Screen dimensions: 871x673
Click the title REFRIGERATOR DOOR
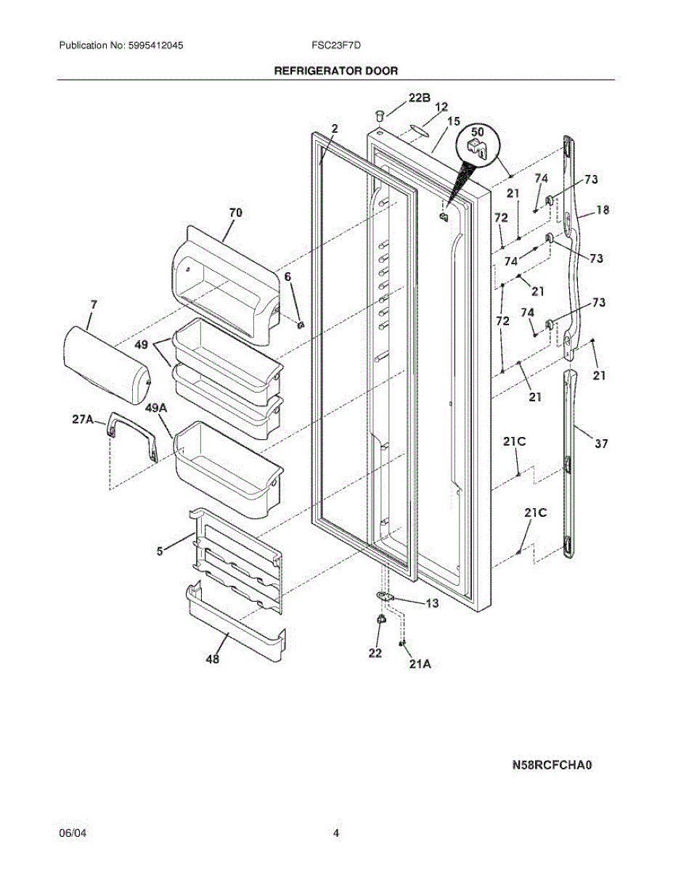pyautogui.click(x=335, y=71)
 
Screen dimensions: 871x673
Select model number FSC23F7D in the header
pyautogui.click(x=336, y=45)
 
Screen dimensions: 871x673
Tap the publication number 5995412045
pyautogui.click(x=152, y=45)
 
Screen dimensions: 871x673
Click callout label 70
pyautogui.click(x=235, y=213)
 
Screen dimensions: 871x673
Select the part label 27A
pyautogui.click(x=83, y=419)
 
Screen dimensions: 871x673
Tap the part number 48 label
pyautogui.click(x=213, y=660)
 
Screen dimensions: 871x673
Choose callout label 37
pyautogui.click(x=601, y=443)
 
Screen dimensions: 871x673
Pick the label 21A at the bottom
pyautogui.click(x=420, y=663)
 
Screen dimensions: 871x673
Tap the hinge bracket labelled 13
pyautogui.click(x=386, y=596)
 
